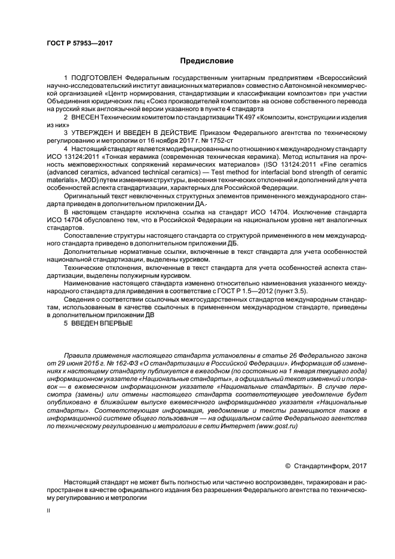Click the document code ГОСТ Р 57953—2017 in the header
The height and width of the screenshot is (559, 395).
tap(79, 43)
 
